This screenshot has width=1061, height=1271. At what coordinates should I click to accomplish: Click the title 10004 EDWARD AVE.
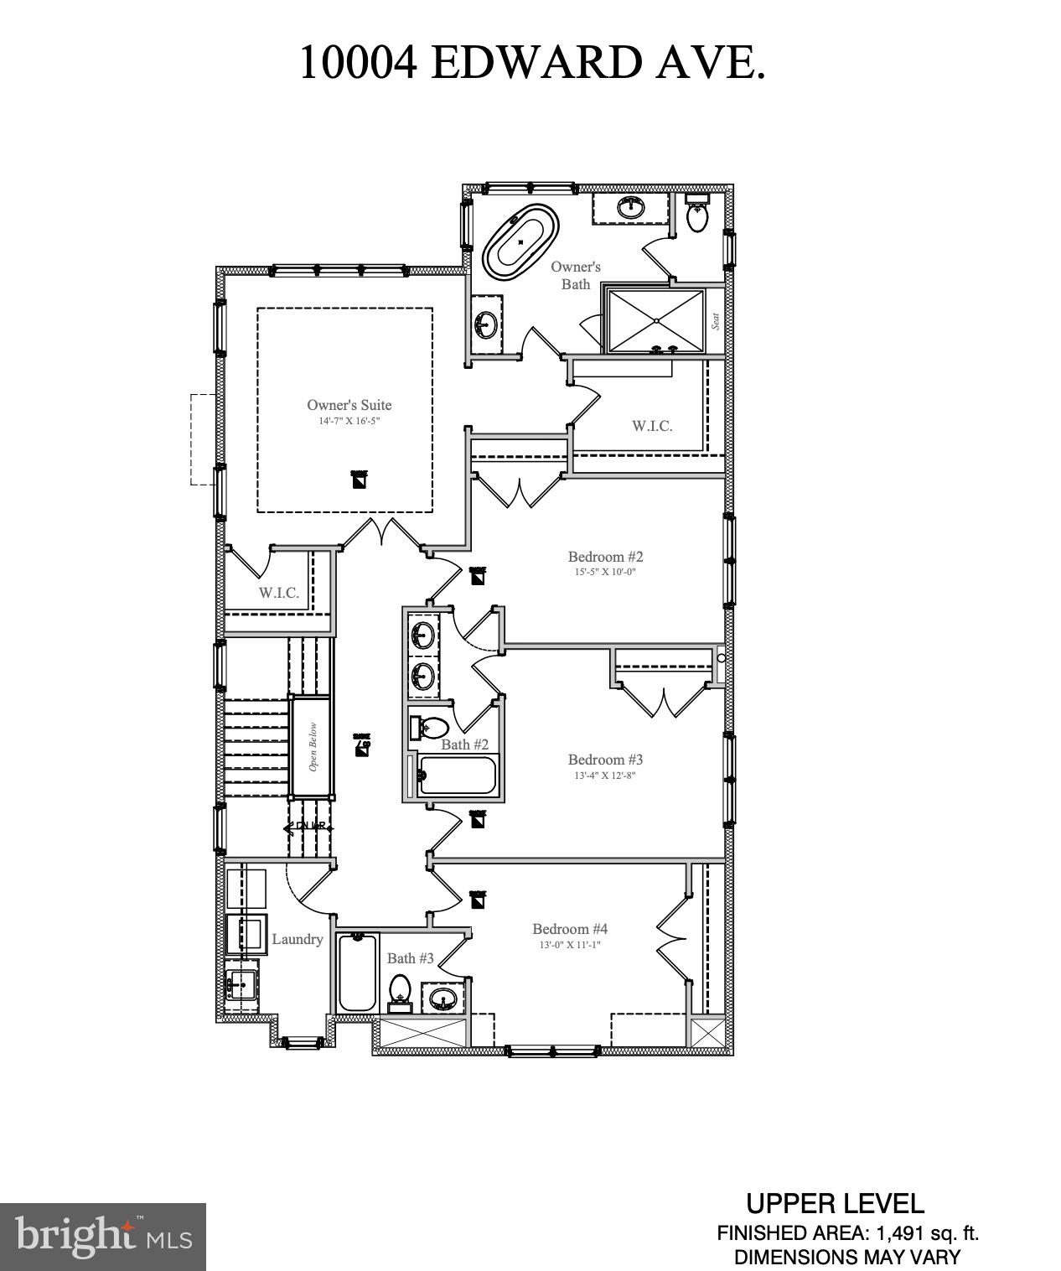(531, 63)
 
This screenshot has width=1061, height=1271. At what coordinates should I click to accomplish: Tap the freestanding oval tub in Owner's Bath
(521, 241)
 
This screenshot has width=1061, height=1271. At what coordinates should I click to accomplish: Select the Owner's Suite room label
(349, 405)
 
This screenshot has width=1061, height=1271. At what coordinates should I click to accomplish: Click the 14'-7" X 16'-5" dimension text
(349, 421)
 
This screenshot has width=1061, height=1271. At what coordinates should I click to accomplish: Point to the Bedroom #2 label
(605, 557)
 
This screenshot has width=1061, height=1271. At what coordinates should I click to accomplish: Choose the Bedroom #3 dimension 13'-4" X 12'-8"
(605, 776)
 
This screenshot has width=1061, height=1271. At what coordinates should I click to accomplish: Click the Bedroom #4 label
(570, 929)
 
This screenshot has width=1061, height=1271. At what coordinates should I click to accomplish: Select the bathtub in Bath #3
(358, 973)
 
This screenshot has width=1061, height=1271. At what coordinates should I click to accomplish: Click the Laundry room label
(298, 939)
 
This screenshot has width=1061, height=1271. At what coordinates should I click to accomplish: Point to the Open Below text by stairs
(313, 746)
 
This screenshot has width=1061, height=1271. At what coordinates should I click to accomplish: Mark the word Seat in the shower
(716, 321)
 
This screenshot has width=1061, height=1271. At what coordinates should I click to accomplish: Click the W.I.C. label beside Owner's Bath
(652, 426)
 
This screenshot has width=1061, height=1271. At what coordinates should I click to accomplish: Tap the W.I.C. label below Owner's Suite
(278, 593)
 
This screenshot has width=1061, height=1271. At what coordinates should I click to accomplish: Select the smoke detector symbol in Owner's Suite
(359, 480)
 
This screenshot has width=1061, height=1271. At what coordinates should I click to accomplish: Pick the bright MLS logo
(103, 1237)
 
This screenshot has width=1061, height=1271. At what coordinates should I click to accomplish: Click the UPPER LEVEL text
(835, 1204)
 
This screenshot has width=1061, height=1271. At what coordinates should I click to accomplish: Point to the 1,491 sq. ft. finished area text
(927, 1234)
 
